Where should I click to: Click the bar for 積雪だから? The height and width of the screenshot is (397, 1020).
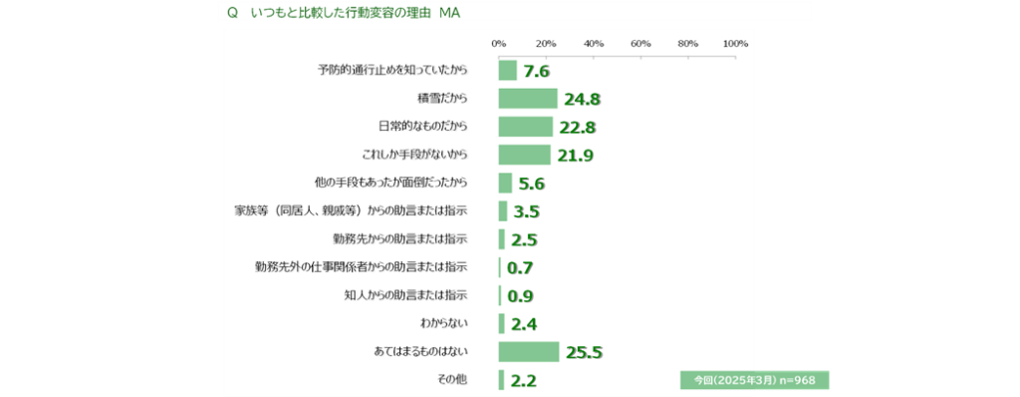tap(528, 99)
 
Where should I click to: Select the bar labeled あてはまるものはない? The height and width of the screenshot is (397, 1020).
tap(529, 351)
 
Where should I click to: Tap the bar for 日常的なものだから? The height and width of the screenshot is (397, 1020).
tap(526, 127)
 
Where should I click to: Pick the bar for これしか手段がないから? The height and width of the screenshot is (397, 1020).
tap(524, 155)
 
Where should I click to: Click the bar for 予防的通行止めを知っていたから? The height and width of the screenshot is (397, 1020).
tap(507, 71)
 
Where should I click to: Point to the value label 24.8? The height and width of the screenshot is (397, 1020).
tap(582, 100)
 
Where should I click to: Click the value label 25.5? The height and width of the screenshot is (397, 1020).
tap(584, 353)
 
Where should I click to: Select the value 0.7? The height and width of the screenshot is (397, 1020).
tap(520, 268)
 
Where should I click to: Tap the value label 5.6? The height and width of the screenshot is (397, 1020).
tap(532, 185)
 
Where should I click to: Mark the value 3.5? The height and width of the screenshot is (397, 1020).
tap(527, 212)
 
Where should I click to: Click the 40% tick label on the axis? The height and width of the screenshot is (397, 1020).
tap(594, 44)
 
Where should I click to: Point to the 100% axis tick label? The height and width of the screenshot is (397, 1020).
tap(735, 44)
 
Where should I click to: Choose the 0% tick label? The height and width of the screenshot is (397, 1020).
tap(499, 44)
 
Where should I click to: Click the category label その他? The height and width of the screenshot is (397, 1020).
tap(453, 379)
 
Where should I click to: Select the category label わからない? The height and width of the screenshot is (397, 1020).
tap(445, 323)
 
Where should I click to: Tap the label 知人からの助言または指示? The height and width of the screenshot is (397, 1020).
tap(406, 295)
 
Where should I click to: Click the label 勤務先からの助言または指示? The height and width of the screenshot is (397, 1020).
tap(400, 239)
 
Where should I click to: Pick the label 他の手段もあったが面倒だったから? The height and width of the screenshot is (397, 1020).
tap(390, 184)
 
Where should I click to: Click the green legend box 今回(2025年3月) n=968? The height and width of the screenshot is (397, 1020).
tap(755, 379)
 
